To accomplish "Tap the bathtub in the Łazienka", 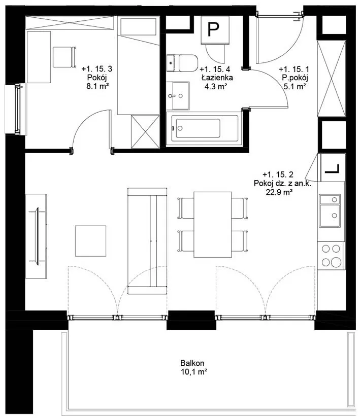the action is (x=202, y=128).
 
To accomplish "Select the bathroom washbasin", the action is (x=178, y=96).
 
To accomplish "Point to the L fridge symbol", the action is (x=332, y=169).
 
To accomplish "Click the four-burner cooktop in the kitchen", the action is (x=331, y=256).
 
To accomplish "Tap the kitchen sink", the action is (x=330, y=211).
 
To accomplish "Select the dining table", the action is (x=213, y=224).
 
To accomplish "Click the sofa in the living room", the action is (x=147, y=241).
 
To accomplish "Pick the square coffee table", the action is (x=91, y=241).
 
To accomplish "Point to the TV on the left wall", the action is (x=37, y=236).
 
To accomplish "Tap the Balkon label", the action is (x=192, y=363).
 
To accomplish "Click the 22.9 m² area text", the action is (x=279, y=192).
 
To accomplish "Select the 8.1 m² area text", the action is (x=97, y=86).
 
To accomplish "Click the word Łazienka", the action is (x=217, y=78).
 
